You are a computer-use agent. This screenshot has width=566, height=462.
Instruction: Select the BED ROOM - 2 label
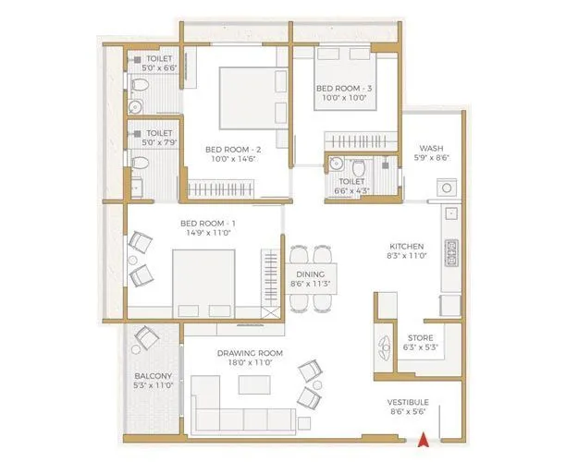229,148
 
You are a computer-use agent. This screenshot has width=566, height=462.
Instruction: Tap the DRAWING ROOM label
250,353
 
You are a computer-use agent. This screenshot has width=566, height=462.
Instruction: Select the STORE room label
420,337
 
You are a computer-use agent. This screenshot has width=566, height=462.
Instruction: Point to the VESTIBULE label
407,403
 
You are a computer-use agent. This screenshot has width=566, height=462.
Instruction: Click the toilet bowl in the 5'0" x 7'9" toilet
140,164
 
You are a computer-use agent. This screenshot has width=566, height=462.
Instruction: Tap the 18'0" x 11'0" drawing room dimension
250,364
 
